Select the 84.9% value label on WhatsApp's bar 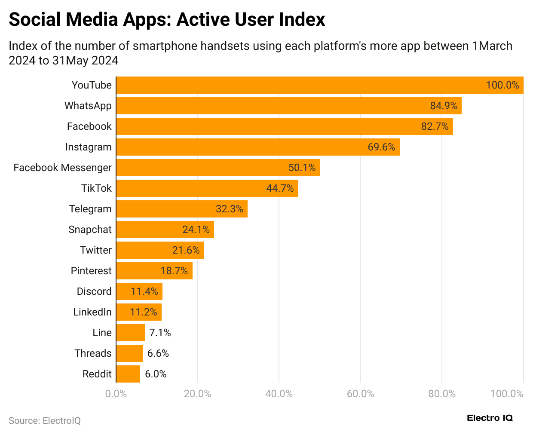444,106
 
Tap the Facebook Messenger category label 62,168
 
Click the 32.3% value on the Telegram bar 229,209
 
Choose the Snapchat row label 90,230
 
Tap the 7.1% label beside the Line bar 160,333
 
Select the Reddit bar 128,374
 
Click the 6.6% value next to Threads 158,353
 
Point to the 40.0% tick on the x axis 279,394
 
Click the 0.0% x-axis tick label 116,394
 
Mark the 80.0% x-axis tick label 442,394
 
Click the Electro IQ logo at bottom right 490,418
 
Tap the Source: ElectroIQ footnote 45,420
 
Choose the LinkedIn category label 92,312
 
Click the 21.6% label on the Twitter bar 186,250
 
